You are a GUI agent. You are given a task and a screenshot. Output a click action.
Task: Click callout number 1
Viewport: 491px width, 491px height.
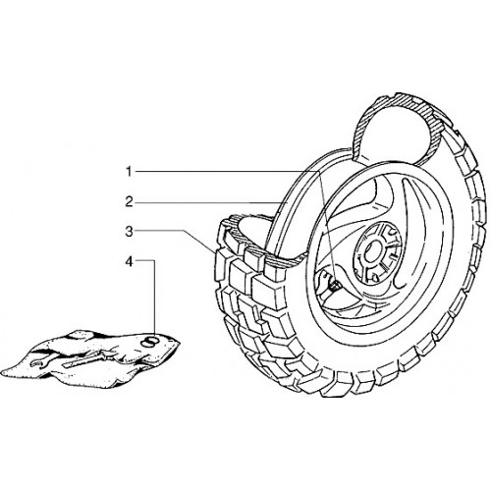click(129, 172)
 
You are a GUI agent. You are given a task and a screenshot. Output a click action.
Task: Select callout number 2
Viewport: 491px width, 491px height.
click(129, 201)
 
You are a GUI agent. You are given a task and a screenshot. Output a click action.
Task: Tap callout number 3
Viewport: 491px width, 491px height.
click(129, 232)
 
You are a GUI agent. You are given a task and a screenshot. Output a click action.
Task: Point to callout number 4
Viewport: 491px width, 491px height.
click(130, 262)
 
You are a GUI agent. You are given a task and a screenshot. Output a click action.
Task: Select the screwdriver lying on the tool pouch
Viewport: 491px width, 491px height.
click(86, 359)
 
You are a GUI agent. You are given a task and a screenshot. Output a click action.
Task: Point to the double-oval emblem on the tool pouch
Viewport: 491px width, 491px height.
click(149, 341)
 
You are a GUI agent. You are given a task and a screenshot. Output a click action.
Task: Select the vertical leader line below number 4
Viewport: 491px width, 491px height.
click(153, 298)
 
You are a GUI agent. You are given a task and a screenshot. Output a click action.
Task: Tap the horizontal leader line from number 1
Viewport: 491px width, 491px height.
click(226, 171)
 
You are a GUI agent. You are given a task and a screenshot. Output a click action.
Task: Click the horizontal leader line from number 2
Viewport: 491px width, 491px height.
click(209, 203)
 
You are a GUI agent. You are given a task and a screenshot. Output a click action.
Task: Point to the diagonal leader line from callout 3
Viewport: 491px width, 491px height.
click(199, 242)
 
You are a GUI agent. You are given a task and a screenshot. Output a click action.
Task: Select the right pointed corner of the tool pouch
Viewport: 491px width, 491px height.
click(179, 343)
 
